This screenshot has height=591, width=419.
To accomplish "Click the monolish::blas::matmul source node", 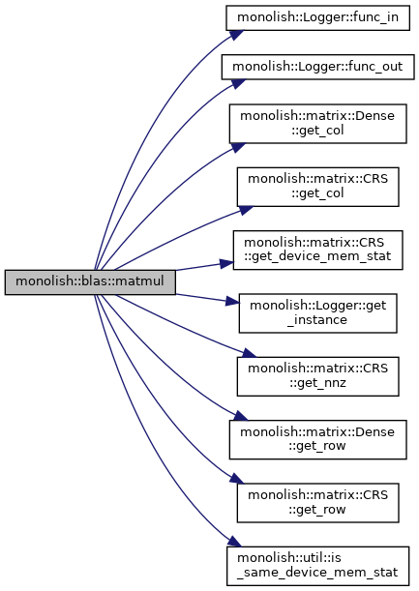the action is (x=90, y=281).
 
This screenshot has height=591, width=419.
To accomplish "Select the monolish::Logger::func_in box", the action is (x=317, y=17).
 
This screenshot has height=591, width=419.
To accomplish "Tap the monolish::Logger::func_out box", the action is (x=317, y=67).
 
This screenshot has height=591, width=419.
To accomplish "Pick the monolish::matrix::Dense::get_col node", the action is (x=317, y=124).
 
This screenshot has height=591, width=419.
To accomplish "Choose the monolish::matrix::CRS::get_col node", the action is (x=317, y=187).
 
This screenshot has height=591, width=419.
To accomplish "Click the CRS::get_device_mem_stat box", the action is (x=317, y=250).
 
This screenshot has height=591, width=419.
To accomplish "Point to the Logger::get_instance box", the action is (x=317, y=313).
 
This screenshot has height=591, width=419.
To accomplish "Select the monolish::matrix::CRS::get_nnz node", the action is (x=317, y=376).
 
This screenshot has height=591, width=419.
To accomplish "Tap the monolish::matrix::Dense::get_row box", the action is (x=317, y=439).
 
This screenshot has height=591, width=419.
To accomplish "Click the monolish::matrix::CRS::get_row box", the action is (x=317, y=503).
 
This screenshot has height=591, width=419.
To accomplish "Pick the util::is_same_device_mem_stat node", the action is (x=317, y=566).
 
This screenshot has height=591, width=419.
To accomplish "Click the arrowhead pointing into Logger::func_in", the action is (x=235, y=34).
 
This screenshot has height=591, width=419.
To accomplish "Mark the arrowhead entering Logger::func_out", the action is (x=238, y=83).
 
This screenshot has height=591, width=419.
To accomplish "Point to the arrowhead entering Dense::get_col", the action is (x=238, y=147).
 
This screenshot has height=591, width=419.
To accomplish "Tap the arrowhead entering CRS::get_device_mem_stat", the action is (x=226, y=263).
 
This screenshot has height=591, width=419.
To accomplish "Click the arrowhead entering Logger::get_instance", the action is (x=232, y=301).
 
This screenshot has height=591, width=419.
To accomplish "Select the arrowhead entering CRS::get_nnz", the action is (x=249, y=353).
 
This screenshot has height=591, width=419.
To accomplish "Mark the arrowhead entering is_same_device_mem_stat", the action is (x=234, y=543).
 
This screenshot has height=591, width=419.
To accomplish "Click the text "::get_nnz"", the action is (x=317, y=383).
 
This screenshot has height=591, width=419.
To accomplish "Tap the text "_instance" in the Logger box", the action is (x=316, y=320).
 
